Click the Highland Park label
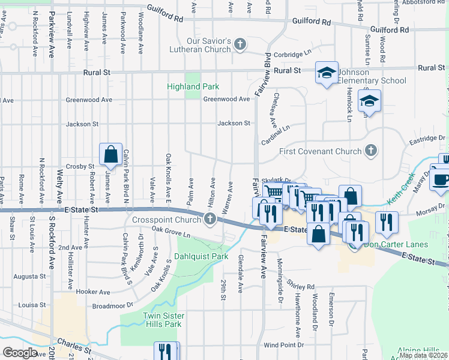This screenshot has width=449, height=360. coord(193,87)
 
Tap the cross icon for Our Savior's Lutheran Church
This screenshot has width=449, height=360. coord(240,44)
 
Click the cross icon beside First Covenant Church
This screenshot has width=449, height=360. coord(372,151)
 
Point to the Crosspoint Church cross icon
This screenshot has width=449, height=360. coord(210,220)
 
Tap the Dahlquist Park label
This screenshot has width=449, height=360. coord(201,256)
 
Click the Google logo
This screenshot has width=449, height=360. coord(20,352)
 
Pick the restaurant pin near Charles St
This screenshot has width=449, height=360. coord(165,351)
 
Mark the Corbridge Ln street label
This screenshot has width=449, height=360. coord(289,55)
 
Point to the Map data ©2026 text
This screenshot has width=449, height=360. coord(423,355)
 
